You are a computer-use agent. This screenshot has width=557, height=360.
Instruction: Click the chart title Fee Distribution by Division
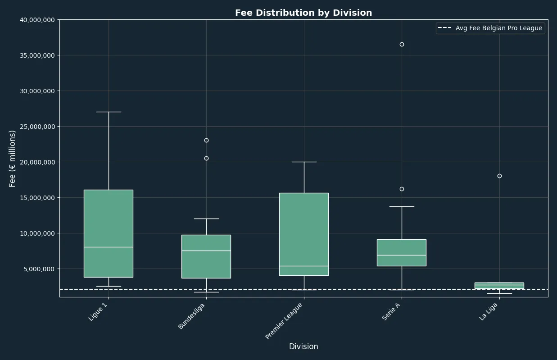[x=303, y=13]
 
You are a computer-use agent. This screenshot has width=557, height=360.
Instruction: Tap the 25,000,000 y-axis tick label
[x=37, y=127]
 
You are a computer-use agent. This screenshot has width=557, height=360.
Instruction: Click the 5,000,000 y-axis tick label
[x=39, y=269]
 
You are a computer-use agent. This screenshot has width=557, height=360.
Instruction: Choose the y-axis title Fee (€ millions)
[x=12, y=159]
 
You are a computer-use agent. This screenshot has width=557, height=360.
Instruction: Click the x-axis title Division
[x=303, y=346]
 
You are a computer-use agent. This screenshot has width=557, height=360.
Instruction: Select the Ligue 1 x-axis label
[x=98, y=312]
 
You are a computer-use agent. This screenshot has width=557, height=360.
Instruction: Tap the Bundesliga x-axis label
[x=191, y=316]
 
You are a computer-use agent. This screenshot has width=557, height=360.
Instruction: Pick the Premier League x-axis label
[x=284, y=321]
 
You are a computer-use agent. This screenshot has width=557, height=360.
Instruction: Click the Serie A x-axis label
[x=391, y=311]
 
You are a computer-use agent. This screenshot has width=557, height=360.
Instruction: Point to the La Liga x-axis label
[x=489, y=311]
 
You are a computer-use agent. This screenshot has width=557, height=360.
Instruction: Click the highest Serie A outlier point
[x=402, y=44]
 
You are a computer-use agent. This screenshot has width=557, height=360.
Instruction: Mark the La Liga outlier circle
[x=499, y=176]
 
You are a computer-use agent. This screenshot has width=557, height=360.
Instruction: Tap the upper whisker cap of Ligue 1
[x=109, y=112]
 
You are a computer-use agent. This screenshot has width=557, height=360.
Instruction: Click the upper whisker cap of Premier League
[x=304, y=162]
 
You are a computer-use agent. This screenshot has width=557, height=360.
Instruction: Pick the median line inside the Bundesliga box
[x=206, y=251]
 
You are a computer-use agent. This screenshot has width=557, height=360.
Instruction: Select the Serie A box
[x=402, y=253]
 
